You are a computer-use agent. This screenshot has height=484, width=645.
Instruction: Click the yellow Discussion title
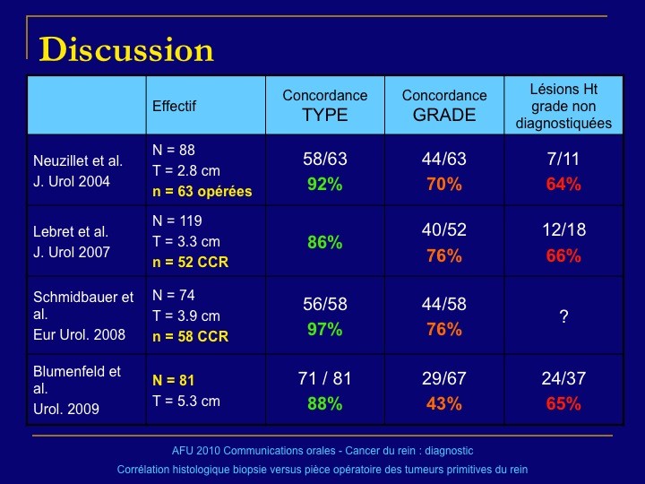point(126,49)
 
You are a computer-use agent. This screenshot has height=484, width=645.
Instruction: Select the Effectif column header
point(174,106)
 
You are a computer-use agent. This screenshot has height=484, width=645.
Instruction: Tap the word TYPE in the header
point(325,115)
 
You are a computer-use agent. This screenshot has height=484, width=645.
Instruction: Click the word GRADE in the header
point(444,115)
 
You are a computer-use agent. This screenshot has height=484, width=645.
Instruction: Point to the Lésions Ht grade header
point(563,106)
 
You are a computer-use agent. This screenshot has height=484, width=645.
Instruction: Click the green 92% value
point(325,184)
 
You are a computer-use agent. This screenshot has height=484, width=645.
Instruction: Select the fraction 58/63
point(325,159)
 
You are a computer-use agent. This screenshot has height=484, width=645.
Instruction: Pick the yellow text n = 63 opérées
point(202,192)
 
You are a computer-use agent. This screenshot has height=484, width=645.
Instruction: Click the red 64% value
point(563,184)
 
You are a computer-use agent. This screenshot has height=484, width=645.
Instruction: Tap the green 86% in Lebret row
point(325,242)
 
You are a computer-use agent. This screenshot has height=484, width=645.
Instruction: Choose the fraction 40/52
point(444,229)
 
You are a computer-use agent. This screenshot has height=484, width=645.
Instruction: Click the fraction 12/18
point(564,229)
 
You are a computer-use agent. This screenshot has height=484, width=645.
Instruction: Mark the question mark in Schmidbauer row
point(564,316)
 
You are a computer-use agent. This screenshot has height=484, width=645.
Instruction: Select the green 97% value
point(325,329)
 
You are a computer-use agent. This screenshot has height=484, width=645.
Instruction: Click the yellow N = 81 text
point(173,380)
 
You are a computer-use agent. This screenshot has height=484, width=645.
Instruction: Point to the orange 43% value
point(444,403)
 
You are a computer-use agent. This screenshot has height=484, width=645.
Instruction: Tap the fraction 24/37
point(563,378)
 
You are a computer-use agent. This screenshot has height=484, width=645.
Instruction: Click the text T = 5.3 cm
point(186,401)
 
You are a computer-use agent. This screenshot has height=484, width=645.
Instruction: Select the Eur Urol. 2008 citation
point(80,334)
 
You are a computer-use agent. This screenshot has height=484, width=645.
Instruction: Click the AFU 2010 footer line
point(322,451)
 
